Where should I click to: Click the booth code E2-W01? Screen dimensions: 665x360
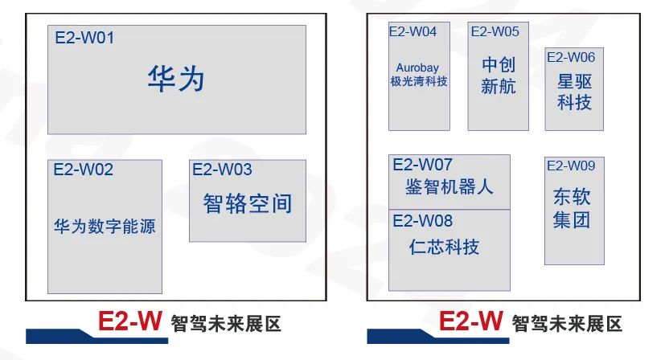click(84, 38)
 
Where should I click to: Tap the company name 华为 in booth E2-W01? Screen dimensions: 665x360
click(176, 79)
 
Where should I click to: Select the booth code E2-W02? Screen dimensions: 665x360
click(83, 170)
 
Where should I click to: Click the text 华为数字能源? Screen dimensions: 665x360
click(105, 226)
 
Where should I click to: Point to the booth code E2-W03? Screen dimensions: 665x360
click(222, 170)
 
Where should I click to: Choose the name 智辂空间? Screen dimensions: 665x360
click(248, 203)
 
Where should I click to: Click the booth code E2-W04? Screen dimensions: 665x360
click(413, 31)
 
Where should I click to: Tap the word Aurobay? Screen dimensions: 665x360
click(417, 67)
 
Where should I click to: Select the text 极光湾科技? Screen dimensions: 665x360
click(419, 81)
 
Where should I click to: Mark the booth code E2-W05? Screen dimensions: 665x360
click(495, 31)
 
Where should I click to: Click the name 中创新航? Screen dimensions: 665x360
click(499, 76)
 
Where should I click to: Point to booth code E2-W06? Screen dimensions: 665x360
click(571, 57)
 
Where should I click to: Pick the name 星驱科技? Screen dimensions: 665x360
click(574, 92)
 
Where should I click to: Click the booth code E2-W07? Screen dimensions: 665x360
click(422, 165)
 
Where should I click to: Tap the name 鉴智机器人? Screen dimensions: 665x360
click(449, 186)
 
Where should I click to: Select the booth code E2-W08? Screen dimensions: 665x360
click(422, 221)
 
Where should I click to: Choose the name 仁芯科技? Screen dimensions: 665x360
click(444, 247)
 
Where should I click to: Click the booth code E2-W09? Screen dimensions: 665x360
click(571, 166)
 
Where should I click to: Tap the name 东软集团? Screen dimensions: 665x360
click(572, 208)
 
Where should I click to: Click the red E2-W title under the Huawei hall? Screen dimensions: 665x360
click(130, 321)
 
